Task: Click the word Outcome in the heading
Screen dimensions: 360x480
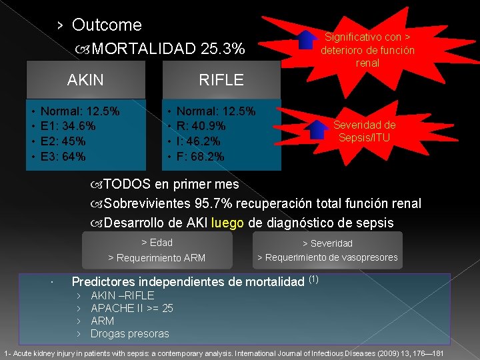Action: (x=107, y=25)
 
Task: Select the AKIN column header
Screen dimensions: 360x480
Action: (x=85, y=81)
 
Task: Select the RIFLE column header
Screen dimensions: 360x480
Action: (x=221, y=81)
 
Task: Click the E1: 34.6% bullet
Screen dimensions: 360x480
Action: (x=68, y=126)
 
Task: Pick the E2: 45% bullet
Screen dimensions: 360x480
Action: (x=63, y=141)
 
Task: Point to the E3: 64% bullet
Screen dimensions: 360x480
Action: (x=63, y=157)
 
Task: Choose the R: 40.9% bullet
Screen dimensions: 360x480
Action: (x=201, y=126)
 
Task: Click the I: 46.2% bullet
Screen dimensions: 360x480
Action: (x=199, y=141)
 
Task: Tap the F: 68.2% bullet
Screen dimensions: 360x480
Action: (x=200, y=157)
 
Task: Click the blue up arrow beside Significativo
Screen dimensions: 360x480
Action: (x=307, y=40)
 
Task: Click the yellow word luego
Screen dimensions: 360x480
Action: (x=228, y=223)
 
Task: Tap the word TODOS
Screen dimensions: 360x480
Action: (x=127, y=184)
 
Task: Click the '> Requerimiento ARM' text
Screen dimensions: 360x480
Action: (x=157, y=258)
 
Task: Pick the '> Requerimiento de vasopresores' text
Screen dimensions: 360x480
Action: (x=327, y=257)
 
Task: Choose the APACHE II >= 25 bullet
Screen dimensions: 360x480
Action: (x=132, y=308)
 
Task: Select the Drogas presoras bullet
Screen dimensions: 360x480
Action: (x=130, y=333)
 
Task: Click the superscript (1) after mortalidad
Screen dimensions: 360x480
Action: (x=313, y=279)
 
